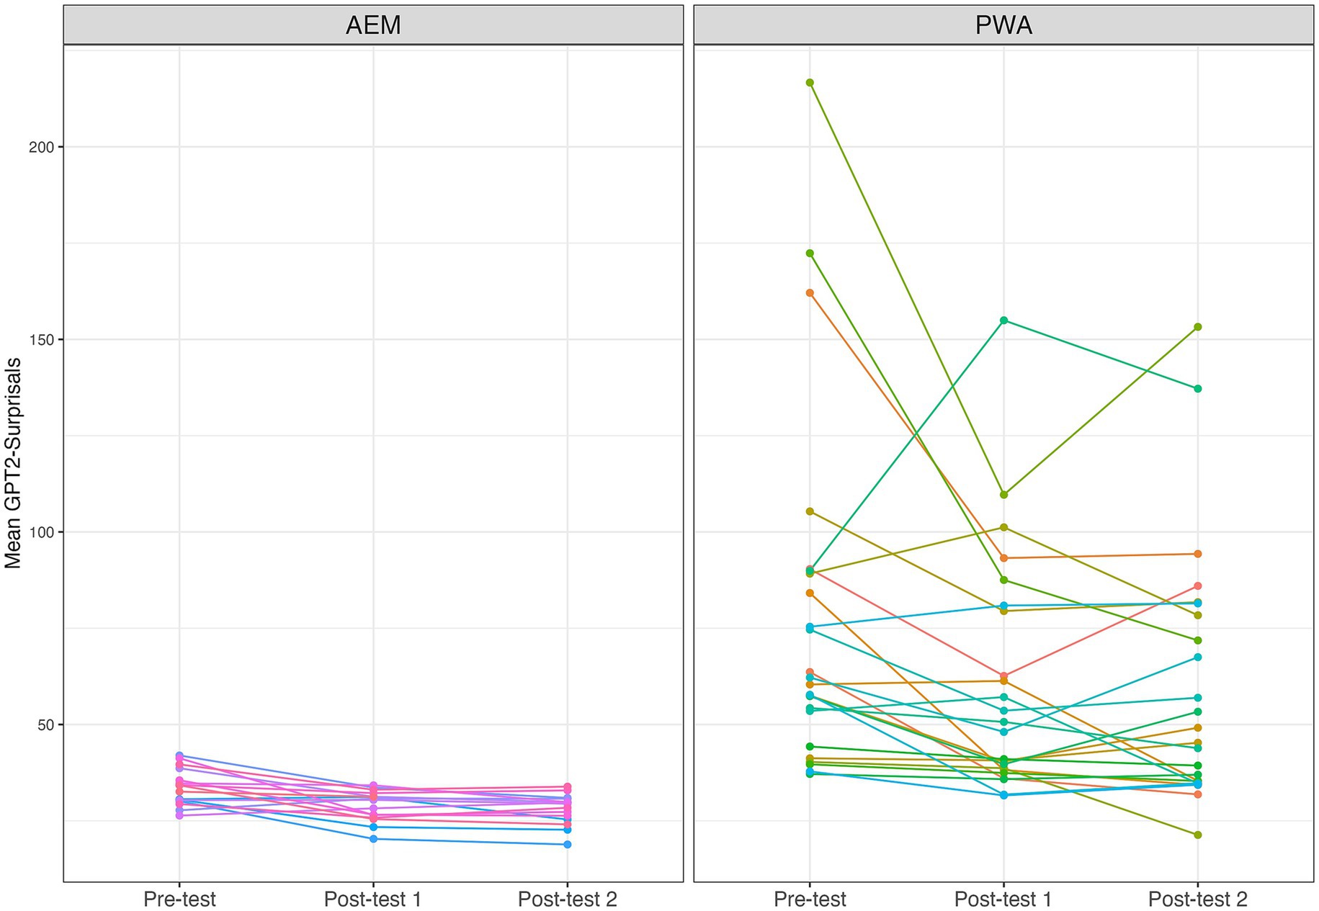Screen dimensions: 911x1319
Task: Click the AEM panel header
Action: (x=373, y=26)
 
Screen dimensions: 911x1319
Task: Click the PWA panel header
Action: (x=1003, y=26)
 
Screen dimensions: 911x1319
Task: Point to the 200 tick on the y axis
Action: (x=45, y=147)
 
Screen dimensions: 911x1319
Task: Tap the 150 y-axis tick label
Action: (x=45, y=339)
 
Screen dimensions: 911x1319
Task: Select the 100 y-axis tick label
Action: (x=45, y=532)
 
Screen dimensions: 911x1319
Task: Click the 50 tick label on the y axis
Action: (x=48, y=724)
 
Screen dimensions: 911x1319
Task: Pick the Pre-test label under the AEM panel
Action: (x=179, y=899)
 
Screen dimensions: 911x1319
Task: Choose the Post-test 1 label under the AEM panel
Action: (x=373, y=899)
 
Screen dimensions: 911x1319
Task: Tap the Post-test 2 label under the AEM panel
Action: (x=568, y=899)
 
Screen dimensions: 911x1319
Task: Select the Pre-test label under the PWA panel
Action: (x=810, y=899)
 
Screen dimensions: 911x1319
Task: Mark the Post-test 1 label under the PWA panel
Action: (x=1003, y=899)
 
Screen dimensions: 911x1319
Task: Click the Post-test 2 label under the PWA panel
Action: (x=1197, y=899)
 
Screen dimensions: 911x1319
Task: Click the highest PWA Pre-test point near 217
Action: (x=810, y=82)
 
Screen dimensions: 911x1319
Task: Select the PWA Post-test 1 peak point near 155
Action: (x=1003, y=320)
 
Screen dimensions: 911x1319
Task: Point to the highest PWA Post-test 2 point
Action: (x=1197, y=327)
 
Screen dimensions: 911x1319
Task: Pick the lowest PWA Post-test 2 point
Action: (x=1197, y=835)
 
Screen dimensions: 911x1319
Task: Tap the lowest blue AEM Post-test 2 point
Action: (x=568, y=844)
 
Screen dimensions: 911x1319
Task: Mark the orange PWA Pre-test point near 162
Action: (x=810, y=292)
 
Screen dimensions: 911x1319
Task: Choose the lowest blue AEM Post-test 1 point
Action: (x=373, y=839)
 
